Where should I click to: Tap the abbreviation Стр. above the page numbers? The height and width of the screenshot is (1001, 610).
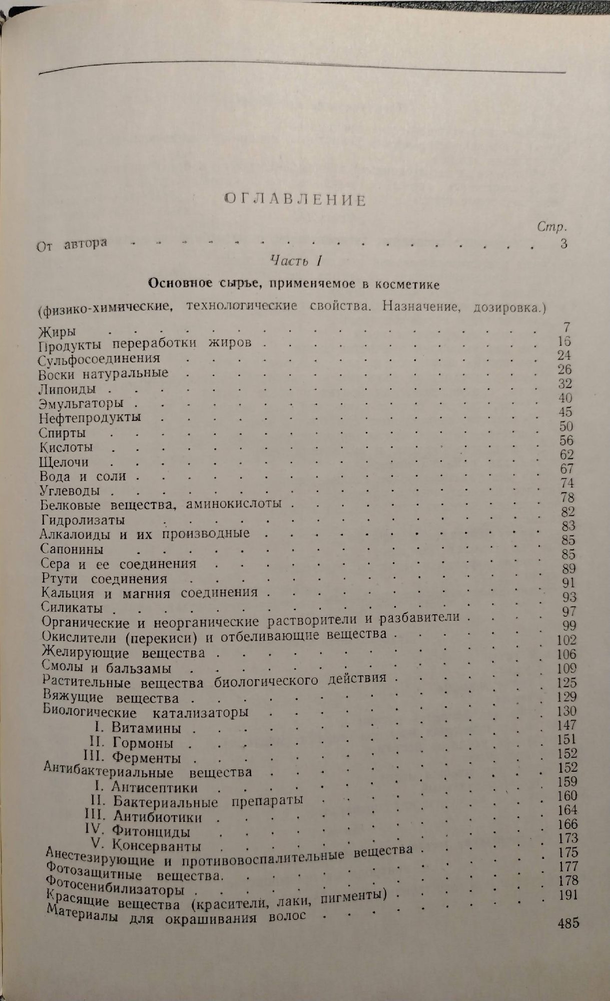pyautogui.click(x=552, y=227)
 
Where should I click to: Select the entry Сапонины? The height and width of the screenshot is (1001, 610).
pyautogui.click(x=72, y=549)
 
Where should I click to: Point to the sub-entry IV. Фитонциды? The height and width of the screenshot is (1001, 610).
pyautogui.click(x=138, y=832)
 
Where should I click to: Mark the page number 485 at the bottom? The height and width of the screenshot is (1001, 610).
pyautogui.click(x=568, y=922)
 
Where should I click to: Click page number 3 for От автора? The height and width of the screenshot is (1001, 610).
pyautogui.click(x=563, y=244)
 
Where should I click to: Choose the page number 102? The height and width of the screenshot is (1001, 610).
pyautogui.click(x=566, y=640)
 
